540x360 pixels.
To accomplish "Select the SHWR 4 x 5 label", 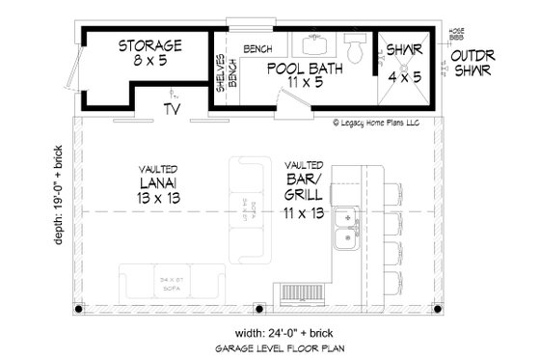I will pos(405,59).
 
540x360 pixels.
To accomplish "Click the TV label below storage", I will pos(173,110).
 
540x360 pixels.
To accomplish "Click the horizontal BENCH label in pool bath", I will pos(257,48).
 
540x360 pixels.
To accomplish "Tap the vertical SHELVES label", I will pos(219,75).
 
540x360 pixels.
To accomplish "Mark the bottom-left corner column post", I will pos(80,310).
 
